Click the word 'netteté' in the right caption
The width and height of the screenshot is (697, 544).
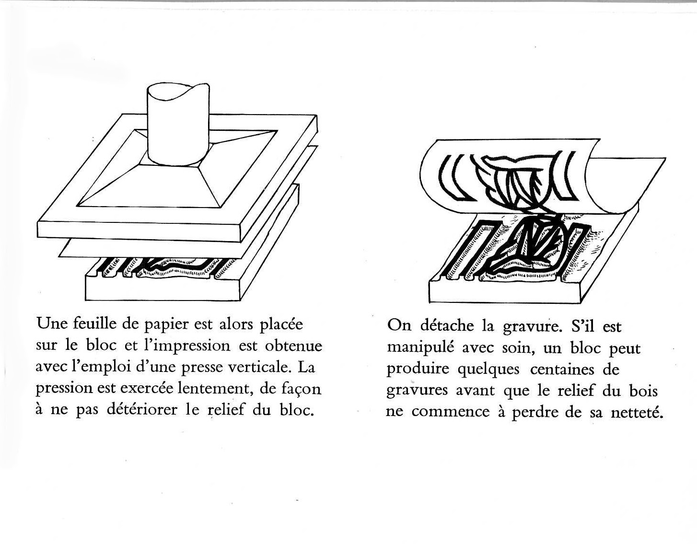click(x=637, y=412)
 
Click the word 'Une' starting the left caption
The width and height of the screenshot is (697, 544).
click(x=49, y=324)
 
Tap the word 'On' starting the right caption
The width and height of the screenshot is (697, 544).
click(x=399, y=326)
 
